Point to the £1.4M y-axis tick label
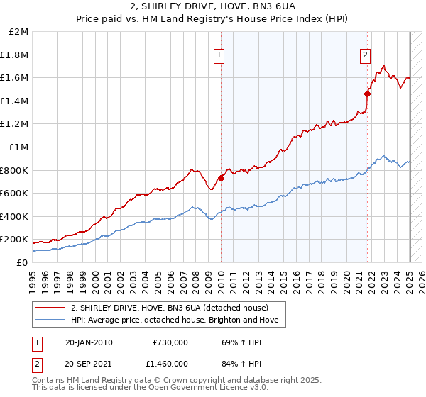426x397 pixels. [x=15, y=101]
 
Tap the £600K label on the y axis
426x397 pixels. [x=14, y=193]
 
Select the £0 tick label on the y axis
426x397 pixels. [x=22, y=262]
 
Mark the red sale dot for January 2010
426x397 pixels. [x=221, y=178]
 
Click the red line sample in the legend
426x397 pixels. [x=50, y=308]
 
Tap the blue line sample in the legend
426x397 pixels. [x=50, y=321]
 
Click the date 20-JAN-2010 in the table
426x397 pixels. [x=88, y=342]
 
